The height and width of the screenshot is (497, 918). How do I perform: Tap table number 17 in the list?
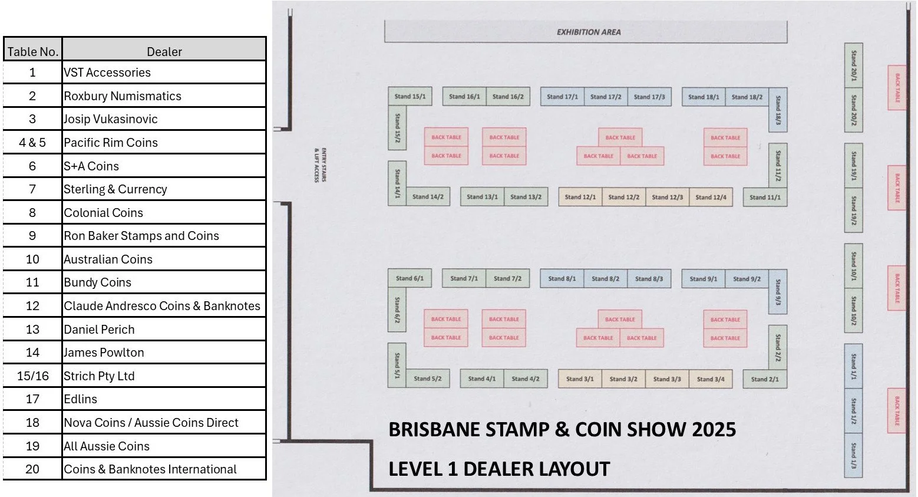32,399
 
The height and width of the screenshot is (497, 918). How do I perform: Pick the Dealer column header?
164,51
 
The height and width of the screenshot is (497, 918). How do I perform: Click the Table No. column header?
32,51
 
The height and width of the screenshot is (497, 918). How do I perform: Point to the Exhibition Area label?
588,32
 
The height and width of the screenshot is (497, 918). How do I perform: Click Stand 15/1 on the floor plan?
410,96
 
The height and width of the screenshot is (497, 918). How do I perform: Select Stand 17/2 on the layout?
606,97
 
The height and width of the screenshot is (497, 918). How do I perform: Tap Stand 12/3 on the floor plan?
667,197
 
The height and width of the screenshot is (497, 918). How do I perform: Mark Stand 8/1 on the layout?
562,279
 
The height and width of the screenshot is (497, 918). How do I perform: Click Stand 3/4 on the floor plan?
711,379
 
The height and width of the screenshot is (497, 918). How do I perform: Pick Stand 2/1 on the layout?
765,379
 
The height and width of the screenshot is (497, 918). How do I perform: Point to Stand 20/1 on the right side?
853,65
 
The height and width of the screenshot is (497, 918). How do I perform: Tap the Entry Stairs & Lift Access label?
320,165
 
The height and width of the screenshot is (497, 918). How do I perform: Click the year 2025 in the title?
714,429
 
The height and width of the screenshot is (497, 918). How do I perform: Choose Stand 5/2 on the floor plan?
427,378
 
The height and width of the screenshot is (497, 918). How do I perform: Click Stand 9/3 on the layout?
778,292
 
